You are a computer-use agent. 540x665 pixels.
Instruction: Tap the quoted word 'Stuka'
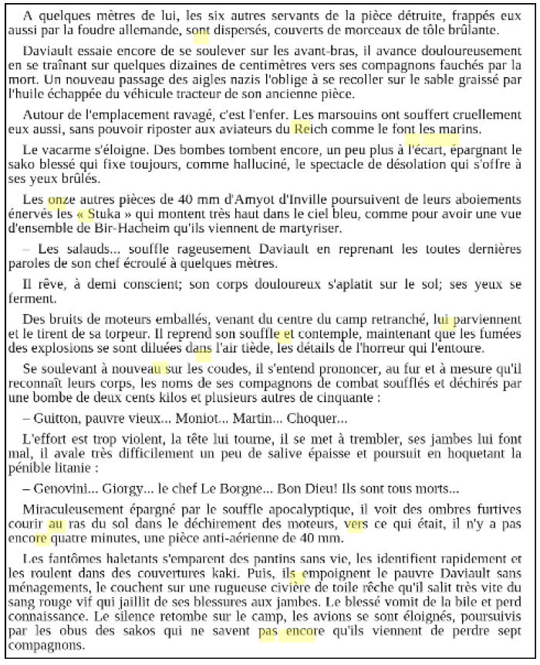tap(106, 214)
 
